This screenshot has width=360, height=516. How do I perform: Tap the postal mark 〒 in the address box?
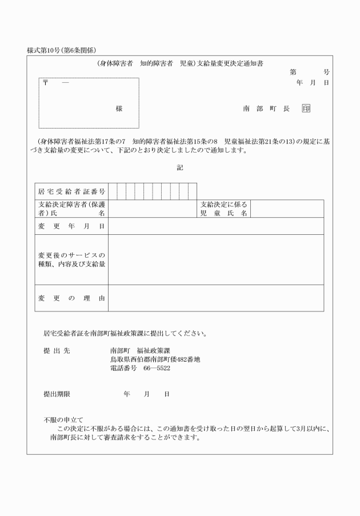pos(46,83)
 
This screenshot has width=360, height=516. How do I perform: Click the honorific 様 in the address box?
pos(119,109)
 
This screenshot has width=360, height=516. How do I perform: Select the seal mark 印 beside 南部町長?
pos(306,109)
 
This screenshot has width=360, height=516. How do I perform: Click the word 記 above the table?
pos(180,167)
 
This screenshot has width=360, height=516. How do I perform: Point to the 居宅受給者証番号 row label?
pos(71,191)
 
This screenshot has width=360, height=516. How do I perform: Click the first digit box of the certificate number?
pos(113,191)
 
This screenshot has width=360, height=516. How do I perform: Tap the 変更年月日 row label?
pos(71,226)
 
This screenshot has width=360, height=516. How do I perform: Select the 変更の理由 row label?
pos(71,298)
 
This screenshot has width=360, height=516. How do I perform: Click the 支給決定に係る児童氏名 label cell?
pos(223,209)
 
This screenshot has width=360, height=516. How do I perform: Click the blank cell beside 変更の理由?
pos(216,298)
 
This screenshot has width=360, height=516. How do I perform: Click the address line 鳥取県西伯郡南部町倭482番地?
pos(155,359)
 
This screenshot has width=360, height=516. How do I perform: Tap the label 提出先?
pos(56,350)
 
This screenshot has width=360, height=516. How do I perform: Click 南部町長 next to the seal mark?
pos(266,109)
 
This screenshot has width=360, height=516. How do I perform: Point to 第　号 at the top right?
pos(309,73)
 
